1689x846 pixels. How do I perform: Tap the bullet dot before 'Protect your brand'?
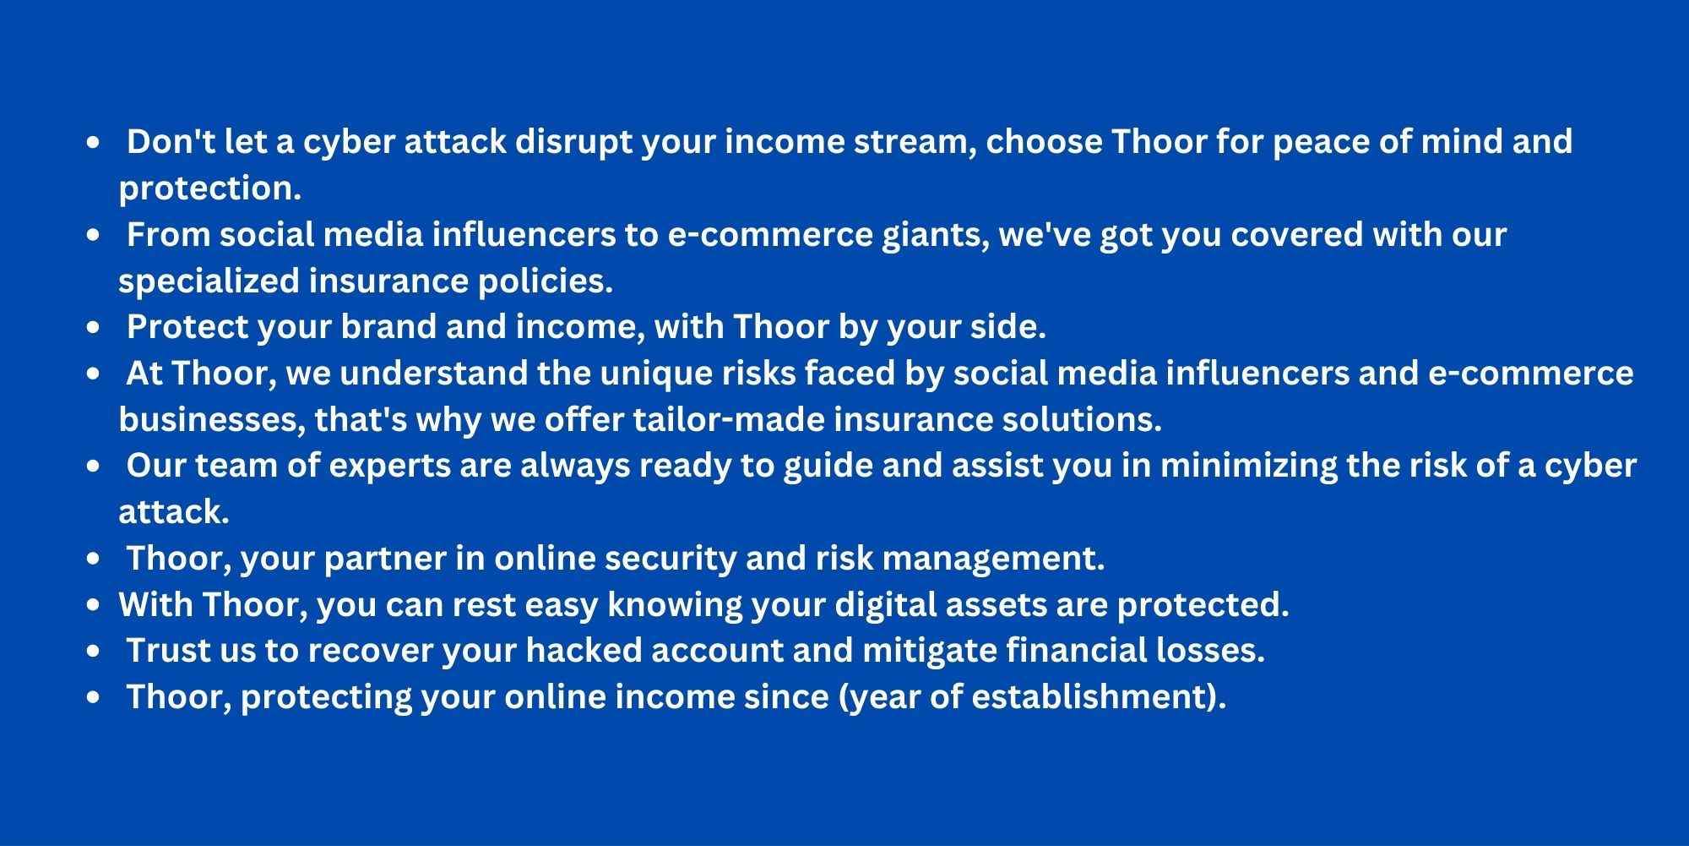click(93, 328)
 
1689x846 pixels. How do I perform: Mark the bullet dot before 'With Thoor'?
click(93, 605)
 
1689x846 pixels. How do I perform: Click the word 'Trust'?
click(169, 652)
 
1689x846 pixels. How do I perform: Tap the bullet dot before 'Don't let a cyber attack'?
click(93, 143)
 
